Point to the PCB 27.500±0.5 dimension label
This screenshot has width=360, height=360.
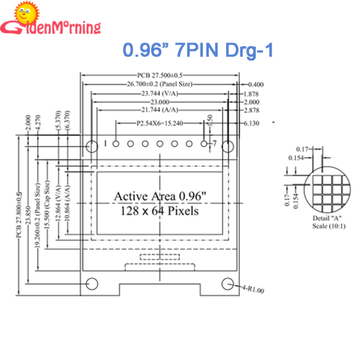tap(159, 75)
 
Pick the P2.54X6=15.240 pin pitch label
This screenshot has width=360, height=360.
tap(159, 124)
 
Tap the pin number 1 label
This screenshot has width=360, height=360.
tap(105, 144)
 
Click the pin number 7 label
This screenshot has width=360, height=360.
tap(214, 144)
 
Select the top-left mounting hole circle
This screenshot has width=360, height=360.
tap(91, 146)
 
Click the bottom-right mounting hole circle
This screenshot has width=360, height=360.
tap(228, 283)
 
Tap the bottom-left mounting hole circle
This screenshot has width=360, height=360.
tap(91, 283)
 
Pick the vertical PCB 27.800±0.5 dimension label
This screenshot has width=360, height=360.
tap(17, 216)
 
